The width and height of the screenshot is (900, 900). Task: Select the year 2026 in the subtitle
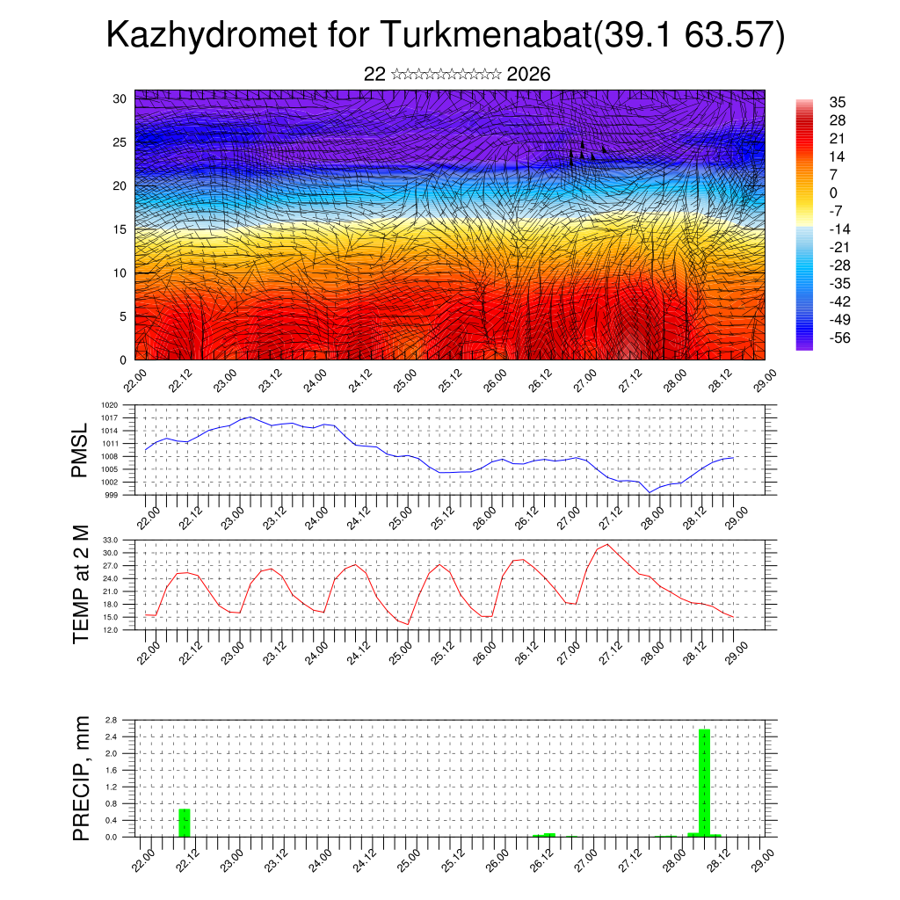pyautogui.click(x=529, y=75)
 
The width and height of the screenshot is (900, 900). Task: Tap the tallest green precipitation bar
pyautogui.click(x=704, y=782)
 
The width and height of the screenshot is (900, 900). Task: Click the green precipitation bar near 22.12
pyautogui.click(x=185, y=822)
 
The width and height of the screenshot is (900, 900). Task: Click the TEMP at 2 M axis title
pyautogui.click(x=82, y=584)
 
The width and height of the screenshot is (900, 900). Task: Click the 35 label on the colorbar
pyautogui.click(x=837, y=102)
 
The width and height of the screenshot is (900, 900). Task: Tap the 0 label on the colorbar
pyautogui.click(x=833, y=192)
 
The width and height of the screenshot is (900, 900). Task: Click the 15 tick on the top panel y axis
pyautogui.click(x=120, y=229)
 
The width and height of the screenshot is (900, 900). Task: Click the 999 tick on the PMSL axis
pyautogui.click(x=112, y=495)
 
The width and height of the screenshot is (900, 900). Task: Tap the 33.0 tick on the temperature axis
pyautogui.click(x=111, y=540)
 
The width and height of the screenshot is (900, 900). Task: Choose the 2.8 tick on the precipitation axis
pyautogui.click(x=112, y=720)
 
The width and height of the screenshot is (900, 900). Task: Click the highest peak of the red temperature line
pyautogui.click(x=607, y=544)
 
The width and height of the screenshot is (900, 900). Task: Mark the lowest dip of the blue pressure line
pyautogui.click(x=650, y=492)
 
